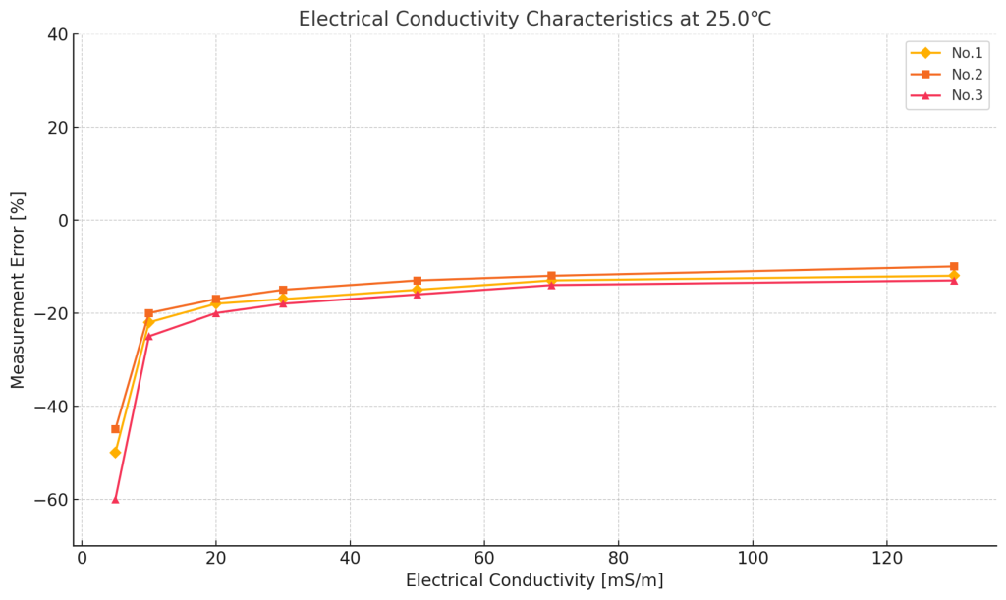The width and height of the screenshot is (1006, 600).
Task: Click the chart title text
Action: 534,19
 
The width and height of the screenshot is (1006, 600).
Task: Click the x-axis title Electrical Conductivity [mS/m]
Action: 534,580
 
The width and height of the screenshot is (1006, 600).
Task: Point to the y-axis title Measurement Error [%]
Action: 18,290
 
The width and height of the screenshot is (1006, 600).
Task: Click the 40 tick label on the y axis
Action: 57,34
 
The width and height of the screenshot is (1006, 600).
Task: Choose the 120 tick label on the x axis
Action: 886,557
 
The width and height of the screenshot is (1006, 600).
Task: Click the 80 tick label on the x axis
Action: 618,557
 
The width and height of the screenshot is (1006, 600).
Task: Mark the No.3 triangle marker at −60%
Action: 115,499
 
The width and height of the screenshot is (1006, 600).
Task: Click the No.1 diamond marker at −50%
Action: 115,453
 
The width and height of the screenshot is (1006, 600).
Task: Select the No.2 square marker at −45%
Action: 115,429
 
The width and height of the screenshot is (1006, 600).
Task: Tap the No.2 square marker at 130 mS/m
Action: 954,266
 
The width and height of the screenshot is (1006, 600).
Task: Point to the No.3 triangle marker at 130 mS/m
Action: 954,281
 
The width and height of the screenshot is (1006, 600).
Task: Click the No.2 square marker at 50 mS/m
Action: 418,281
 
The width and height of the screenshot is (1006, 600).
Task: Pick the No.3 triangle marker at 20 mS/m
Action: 216,313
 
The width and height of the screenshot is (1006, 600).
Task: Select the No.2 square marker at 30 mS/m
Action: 283,290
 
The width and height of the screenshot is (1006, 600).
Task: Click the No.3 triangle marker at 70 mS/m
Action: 551,285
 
